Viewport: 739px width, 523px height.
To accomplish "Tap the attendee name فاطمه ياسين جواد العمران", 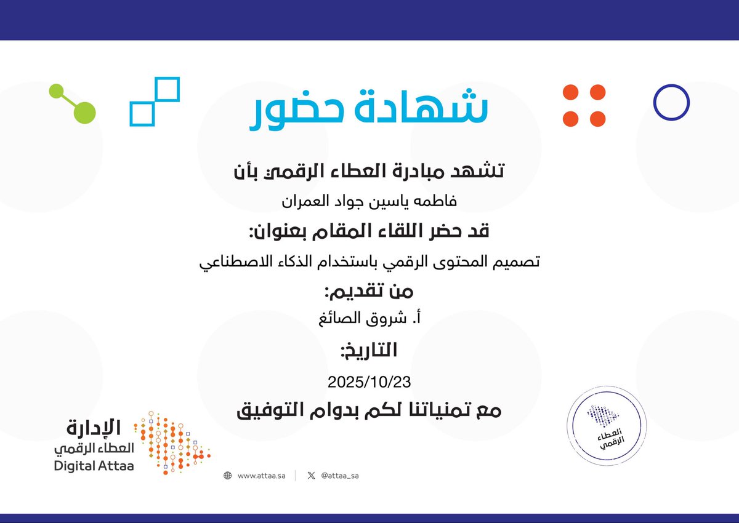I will pos(369,201).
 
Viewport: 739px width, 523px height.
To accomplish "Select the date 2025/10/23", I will pos(369,381).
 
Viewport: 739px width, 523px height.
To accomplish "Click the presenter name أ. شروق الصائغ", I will pos(369,319).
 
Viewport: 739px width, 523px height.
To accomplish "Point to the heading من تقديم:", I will pos(369,291).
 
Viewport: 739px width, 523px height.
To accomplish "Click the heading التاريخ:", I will pos(369,351).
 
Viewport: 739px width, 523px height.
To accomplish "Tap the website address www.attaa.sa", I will pos(261,476).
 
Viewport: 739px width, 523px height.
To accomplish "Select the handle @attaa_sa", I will pos(339,476).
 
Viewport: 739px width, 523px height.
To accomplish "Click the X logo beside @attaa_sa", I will pos(311,476).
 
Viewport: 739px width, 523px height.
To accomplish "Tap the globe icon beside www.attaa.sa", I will pos(228,476).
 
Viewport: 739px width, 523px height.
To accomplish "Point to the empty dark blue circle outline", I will pos(671,102).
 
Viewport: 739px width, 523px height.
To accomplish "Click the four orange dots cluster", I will pos(584,106).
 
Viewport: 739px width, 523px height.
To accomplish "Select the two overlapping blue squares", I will pos(155,101).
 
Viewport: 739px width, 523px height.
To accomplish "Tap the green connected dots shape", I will pos(73,103).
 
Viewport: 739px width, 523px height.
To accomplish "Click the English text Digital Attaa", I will pos(94,466).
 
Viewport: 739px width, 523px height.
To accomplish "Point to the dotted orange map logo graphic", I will pos(172,442).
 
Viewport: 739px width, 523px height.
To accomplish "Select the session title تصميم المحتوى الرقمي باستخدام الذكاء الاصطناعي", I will pos(369,262).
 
